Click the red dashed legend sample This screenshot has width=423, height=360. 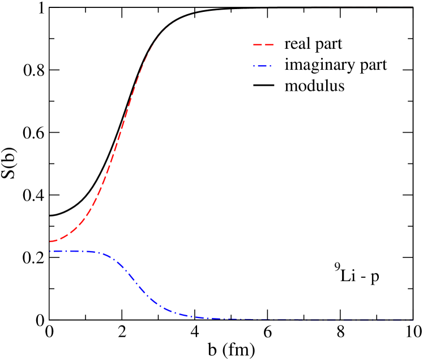tap(263, 44)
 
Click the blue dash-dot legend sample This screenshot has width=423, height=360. tap(262, 66)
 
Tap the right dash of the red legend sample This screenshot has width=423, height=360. tap(269, 44)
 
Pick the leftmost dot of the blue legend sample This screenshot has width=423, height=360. tap(254, 66)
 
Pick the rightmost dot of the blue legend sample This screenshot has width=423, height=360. tap(271, 66)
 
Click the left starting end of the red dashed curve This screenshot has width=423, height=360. tap(50, 242)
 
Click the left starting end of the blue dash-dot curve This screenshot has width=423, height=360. tap(50, 251)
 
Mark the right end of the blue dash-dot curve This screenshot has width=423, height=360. tap(412, 319)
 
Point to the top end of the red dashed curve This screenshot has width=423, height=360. tap(177, 21)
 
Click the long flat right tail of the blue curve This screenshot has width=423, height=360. tap(311, 319)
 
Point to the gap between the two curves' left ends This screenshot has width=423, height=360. tap(50, 246)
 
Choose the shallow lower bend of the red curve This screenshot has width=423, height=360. tap(76, 227)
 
